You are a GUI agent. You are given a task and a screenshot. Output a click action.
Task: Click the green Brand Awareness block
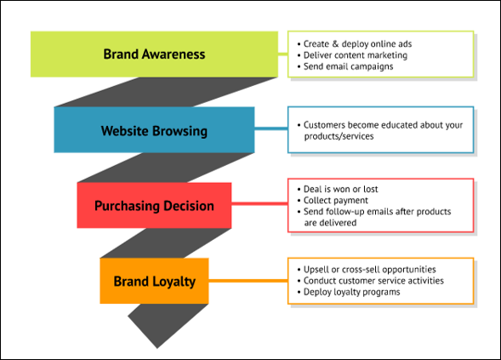pos(154,54)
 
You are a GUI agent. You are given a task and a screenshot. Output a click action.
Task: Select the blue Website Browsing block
pos(154,130)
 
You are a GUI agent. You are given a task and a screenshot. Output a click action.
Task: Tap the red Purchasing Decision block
pos(154,205)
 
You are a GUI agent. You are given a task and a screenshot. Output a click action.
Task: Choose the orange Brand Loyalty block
pos(154,281)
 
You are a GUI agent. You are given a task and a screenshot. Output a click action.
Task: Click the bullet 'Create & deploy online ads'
pos(355,43)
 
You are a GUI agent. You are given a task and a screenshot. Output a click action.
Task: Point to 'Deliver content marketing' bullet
pos(352,55)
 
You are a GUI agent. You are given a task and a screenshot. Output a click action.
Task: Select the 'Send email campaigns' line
pos(345,66)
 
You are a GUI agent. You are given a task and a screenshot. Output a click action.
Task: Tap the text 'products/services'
pos(339,136)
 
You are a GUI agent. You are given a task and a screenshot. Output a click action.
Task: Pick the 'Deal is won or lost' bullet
pos(338,189)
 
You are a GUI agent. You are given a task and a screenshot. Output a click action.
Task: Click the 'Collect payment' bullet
pos(333,201)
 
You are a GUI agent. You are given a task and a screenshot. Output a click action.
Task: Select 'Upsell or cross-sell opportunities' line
pos(367,270)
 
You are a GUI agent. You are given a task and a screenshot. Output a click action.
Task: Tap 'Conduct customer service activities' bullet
pos(370,281)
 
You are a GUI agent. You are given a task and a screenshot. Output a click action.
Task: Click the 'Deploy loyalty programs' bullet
pos(348,292)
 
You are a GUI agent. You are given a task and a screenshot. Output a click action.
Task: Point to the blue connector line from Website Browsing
pos(271,129)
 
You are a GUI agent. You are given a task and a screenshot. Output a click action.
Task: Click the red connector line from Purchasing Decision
pos(259,203)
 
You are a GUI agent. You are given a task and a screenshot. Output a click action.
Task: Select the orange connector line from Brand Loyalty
pos(248,281)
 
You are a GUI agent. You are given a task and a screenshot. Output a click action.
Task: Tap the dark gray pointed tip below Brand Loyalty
pos(157,348)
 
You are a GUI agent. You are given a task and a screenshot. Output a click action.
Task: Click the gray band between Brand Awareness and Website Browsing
pos(166,92)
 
